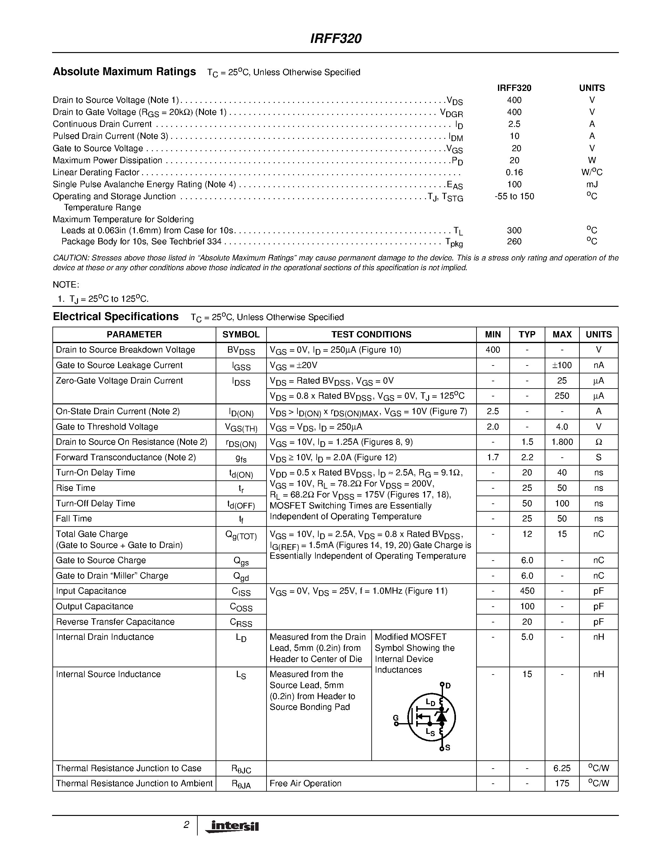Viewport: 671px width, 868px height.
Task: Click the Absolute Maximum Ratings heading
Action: (124, 72)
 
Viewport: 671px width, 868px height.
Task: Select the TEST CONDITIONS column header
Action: (371, 334)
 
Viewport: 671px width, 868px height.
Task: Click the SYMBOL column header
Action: (241, 334)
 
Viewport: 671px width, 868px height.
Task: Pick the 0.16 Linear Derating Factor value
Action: (514, 172)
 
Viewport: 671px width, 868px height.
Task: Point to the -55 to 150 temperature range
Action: (514, 196)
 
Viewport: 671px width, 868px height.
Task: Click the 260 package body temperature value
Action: (514, 241)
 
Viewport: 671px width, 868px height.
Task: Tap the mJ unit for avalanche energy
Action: (592, 184)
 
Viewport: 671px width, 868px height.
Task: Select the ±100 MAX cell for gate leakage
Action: (562, 365)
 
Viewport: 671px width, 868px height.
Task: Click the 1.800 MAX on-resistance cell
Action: (562, 442)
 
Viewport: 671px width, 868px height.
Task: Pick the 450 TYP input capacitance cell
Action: (527, 591)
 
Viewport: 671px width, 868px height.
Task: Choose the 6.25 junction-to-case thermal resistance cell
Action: (562, 768)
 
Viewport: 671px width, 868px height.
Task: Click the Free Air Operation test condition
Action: (305, 783)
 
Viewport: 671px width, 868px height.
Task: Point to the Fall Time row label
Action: (74, 519)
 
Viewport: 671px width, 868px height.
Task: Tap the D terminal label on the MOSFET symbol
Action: (448, 686)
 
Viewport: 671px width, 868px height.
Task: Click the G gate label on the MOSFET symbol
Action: (396, 717)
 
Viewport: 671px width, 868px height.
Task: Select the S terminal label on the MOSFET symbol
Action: (448, 748)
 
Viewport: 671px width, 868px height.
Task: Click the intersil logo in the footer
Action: (232, 826)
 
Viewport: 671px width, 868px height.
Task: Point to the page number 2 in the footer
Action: (186, 825)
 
